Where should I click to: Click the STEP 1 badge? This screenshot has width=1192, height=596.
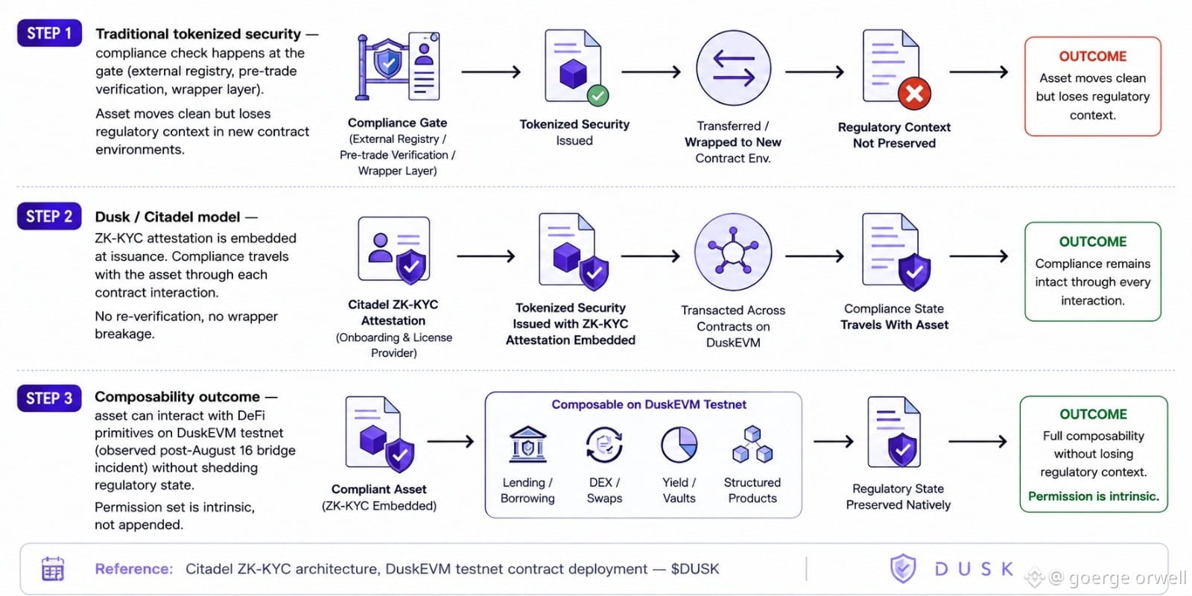tap(49, 33)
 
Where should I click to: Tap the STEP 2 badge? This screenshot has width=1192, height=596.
tap(49, 216)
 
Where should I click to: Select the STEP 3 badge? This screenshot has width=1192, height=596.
tap(49, 398)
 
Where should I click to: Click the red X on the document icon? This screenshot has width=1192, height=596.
tap(914, 94)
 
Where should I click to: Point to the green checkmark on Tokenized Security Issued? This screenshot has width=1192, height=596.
tap(597, 96)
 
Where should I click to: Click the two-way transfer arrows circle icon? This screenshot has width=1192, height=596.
tap(733, 68)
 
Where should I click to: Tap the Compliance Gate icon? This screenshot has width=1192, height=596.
tap(398, 66)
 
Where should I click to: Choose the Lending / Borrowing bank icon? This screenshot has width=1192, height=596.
tap(527, 444)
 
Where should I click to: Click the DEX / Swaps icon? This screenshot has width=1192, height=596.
tap(604, 444)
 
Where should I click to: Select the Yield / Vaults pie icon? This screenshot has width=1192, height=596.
tap(679, 444)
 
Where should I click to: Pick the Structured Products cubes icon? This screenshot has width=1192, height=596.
tap(752, 444)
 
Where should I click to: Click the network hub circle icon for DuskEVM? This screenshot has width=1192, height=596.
tap(733, 253)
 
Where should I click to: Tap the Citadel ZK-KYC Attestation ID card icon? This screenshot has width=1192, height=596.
tap(394, 250)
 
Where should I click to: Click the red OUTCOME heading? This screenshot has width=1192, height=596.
tap(1092, 57)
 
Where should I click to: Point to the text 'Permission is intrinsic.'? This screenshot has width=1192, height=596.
tap(1094, 496)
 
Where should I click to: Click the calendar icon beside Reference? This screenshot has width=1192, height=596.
tap(53, 569)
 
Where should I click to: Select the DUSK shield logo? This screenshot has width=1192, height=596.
tap(903, 568)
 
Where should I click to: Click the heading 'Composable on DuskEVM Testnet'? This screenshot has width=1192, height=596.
tap(649, 405)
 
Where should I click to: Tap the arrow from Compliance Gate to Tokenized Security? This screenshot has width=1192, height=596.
tap(491, 72)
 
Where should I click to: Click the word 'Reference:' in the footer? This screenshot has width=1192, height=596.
tap(134, 569)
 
